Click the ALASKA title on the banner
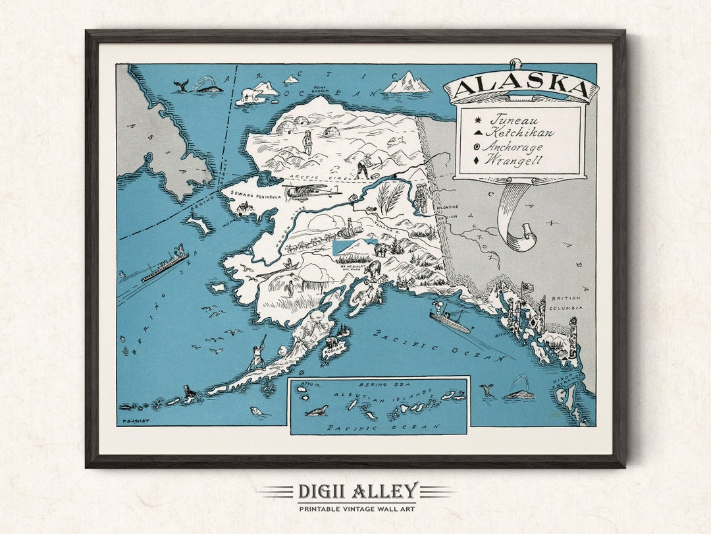pos(520,86)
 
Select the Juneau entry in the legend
pos(513,121)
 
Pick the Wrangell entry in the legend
pos(514,160)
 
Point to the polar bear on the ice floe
pos(251,94)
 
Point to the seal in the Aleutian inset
pos(317,411)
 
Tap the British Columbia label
pos(567,303)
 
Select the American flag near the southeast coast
pos(527,287)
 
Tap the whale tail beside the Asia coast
pos(180,84)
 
